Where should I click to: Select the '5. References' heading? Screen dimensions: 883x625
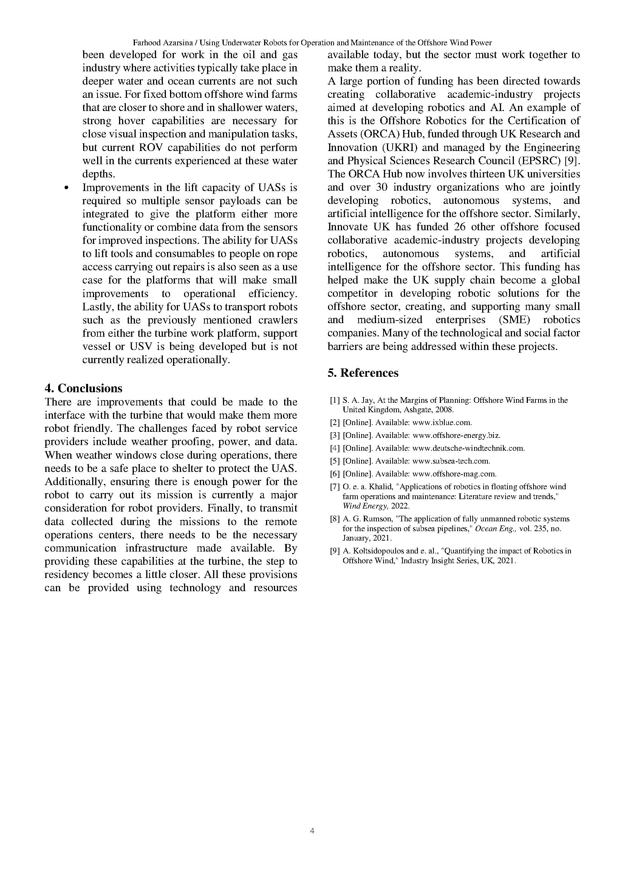click(363, 373)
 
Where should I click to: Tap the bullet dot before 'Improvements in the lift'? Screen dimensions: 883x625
click(67, 188)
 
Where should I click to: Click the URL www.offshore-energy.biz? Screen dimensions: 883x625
click(456, 435)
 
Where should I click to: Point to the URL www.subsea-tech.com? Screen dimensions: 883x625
click(451, 461)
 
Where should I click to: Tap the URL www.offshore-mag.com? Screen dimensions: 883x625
click(454, 474)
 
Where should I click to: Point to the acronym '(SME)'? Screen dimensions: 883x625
click(512, 320)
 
